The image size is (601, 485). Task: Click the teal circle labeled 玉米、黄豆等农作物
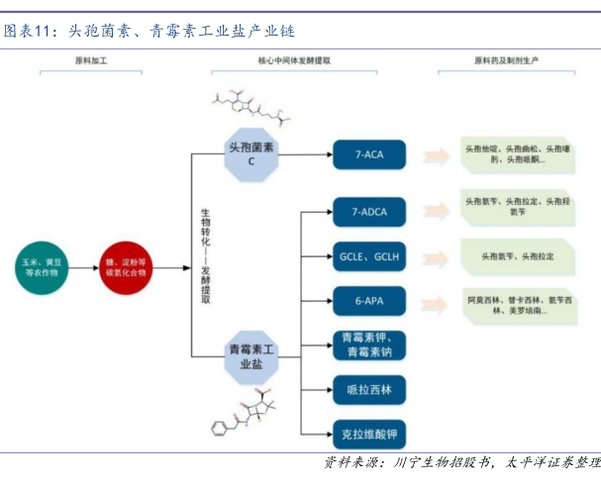click(42, 266)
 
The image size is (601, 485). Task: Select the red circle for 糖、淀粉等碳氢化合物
click(126, 266)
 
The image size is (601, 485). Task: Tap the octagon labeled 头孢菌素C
click(251, 153)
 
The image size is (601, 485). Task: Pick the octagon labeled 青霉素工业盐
click(250, 357)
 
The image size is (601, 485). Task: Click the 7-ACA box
click(368, 154)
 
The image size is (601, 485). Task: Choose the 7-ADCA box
click(368, 210)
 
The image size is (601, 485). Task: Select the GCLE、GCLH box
click(368, 255)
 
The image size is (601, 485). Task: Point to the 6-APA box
click(368, 299)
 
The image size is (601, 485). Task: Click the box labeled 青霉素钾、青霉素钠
click(368, 344)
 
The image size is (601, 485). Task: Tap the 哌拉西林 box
click(368, 390)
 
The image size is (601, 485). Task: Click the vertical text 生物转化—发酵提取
click(206, 256)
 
